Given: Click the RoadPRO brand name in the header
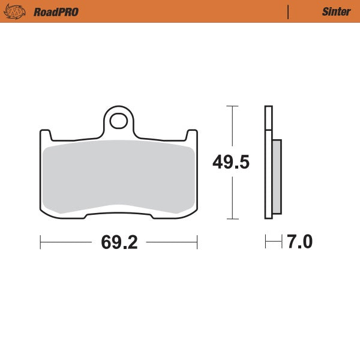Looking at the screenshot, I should point(56,11).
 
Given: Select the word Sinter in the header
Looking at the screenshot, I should point(336,11).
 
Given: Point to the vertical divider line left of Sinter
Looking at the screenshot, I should point(289,11).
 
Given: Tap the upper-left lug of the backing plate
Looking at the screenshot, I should point(44,134).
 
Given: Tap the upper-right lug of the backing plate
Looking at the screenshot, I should point(192,134).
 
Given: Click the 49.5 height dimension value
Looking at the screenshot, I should point(232,162).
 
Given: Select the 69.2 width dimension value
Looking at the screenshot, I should point(119,242).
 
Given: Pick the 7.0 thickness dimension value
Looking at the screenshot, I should point(299,242).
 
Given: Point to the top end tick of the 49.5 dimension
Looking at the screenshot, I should point(232,106).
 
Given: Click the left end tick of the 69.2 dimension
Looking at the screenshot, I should point(40,242).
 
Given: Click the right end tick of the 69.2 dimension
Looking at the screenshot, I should point(197,242).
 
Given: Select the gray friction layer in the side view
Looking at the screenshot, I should point(277,176).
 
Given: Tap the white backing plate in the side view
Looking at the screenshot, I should point(268,162).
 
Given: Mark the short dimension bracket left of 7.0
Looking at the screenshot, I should point(273,242).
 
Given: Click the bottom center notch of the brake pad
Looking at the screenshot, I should point(118,212).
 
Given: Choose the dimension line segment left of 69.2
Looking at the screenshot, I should point(66,242).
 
